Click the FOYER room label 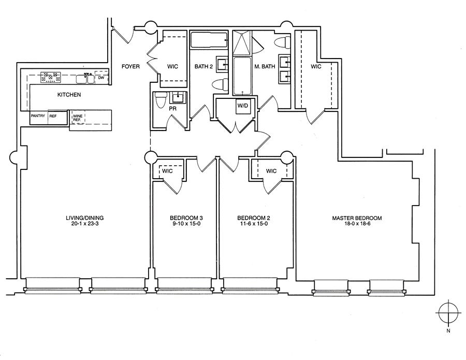pos(130,66)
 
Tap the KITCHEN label pos(69,95)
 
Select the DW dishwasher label pos(101,78)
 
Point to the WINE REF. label pos(78,118)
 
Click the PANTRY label pos(38,116)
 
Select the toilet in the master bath pos(282,42)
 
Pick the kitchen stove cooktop pos(50,77)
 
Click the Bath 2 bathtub pos(209,40)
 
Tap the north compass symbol pos(448,313)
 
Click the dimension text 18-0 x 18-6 pos(357,224)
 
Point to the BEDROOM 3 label pos(186,218)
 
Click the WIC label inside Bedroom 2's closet pos(271,171)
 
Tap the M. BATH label pos(265,66)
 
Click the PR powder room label pos(172,109)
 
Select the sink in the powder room pos(178,97)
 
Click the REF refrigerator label pos(53,116)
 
